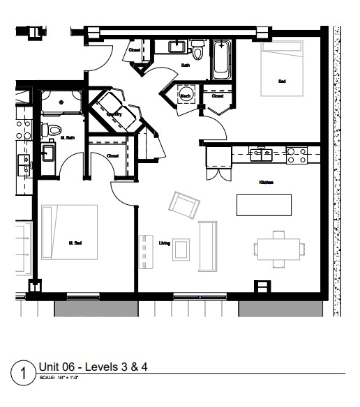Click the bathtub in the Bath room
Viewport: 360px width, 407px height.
pos(221,59)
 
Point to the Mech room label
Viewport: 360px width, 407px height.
pos(186,95)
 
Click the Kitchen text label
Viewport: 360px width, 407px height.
pos(266,183)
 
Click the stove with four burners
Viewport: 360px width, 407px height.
pos(297,155)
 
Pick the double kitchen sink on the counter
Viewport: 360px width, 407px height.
pos(262,154)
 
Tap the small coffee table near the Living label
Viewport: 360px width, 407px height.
pos(181,248)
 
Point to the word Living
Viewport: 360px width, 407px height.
pos(165,243)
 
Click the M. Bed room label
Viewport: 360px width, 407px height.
pos(75,243)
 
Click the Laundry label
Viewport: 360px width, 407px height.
pos(115,114)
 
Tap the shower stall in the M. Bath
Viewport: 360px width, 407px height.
pos(61,102)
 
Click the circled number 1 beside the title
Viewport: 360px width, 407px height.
pos(24,372)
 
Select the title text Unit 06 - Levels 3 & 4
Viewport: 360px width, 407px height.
pos(93,366)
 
